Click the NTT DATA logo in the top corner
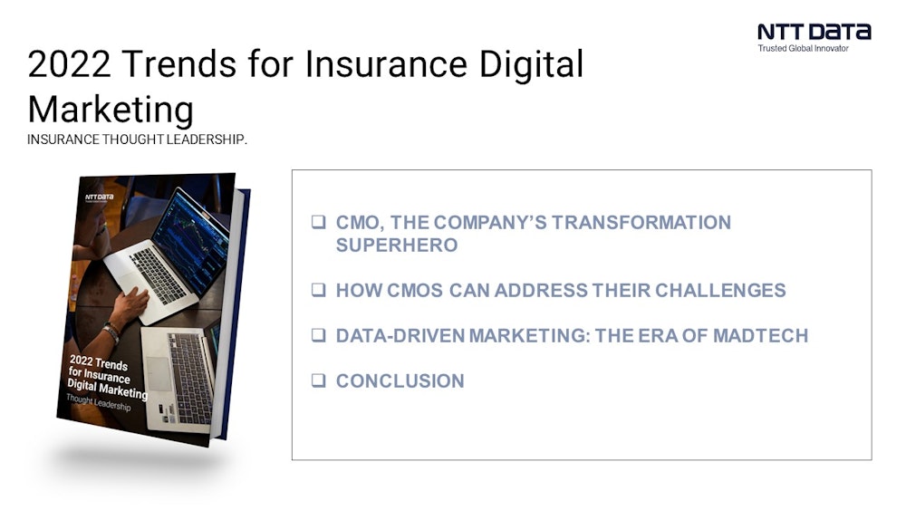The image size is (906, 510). pos(814,32)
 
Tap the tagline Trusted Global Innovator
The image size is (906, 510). pos(803,49)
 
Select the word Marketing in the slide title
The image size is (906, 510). pos(111,110)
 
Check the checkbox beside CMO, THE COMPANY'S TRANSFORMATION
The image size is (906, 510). pos(318,222)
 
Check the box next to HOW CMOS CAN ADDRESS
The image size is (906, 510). pos(318,291)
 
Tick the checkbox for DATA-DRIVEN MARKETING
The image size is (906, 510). pos(318,335)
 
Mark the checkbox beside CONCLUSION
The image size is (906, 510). pos(318,380)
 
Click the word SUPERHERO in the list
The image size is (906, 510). pos(396,245)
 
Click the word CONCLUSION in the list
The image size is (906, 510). pos(400,380)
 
